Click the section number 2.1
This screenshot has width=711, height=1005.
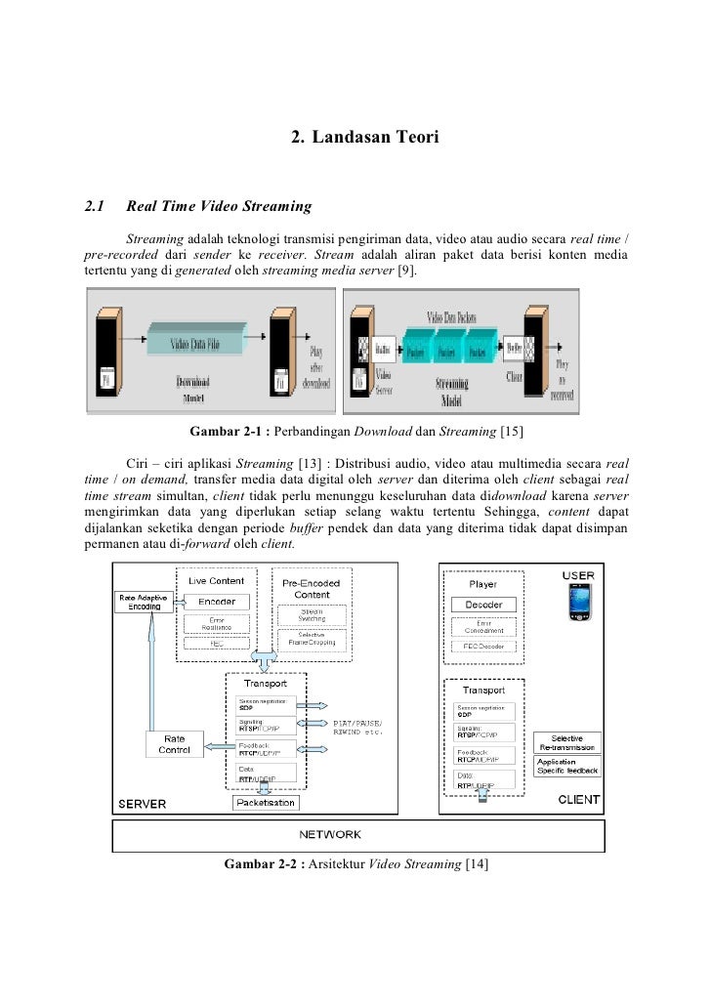pyautogui.click(x=95, y=206)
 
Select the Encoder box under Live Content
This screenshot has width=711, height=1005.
pyautogui.click(x=217, y=602)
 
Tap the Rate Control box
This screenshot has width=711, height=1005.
pyautogui.click(x=175, y=744)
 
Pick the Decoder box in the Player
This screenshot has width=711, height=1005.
pyautogui.click(x=483, y=605)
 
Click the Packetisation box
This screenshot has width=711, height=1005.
pyautogui.click(x=266, y=802)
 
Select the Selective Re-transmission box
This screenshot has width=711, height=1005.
pyautogui.click(x=568, y=742)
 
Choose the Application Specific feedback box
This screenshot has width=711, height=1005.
pyautogui.click(x=568, y=766)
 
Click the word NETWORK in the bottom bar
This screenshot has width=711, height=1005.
pyautogui.click(x=330, y=834)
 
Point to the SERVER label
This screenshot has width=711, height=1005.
pyautogui.click(x=143, y=804)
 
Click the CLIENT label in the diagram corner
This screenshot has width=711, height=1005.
pyautogui.click(x=578, y=800)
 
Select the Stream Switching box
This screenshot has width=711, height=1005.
pyautogui.click(x=306, y=615)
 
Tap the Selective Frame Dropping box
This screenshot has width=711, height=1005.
pyautogui.click(x=306, y=639)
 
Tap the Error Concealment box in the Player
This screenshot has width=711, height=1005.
pyautogui.click(x=483, y=626)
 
